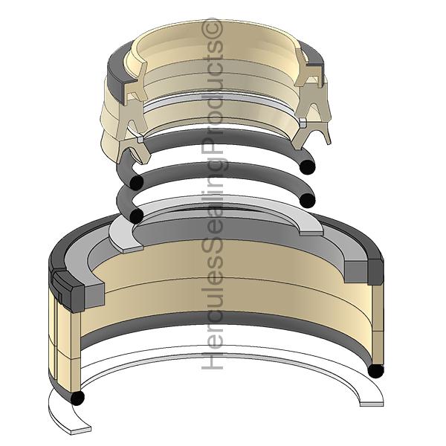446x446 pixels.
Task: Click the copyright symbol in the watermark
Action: point(212,29)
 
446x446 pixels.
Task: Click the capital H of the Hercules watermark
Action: point(212,360)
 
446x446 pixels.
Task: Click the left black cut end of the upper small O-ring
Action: point(137,183)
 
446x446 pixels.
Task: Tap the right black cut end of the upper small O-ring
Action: point(308,167)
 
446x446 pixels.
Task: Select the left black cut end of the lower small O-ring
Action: point(137,216)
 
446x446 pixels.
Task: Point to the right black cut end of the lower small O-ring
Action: point(308,201)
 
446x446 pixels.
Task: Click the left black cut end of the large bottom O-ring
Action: point(77,398)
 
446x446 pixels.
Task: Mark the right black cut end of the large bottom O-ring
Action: point(376,370)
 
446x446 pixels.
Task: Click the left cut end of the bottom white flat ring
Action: point(81,430)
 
